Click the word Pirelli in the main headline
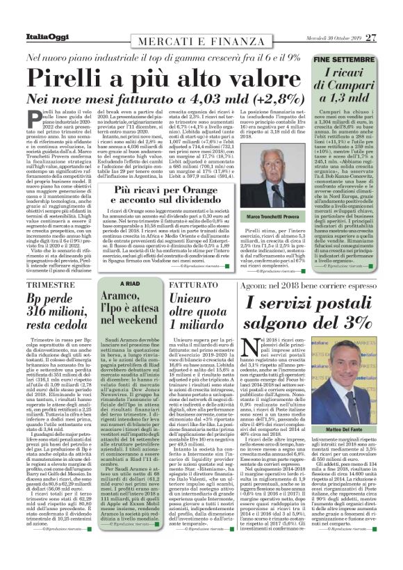click(77, 77)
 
